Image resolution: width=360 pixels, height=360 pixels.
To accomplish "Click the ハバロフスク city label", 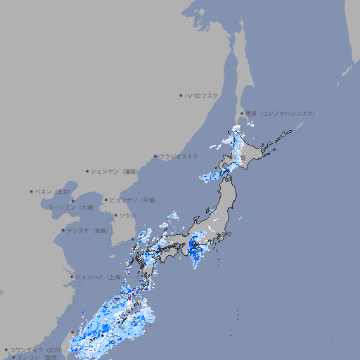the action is [x=202, y=96].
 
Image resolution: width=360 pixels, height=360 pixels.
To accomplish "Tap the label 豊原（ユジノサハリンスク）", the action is [x=280, y=113].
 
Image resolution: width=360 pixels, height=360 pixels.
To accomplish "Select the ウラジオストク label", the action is [x=179, y=156].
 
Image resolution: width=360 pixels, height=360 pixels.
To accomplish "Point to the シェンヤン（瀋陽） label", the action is [x=115, y=172].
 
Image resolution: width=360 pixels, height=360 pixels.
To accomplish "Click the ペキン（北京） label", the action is [x=54, y=191].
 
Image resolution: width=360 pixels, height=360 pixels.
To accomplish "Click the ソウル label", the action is [x=127, y=216].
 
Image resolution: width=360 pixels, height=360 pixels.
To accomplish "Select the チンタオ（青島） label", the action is [x=87, y=231].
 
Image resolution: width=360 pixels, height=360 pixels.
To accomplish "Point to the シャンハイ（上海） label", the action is [x=98, y=277].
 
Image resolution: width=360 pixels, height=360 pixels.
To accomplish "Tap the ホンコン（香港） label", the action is [x=38, y=357].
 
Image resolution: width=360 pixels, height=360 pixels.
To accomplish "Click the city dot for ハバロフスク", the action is [x=181, y=96].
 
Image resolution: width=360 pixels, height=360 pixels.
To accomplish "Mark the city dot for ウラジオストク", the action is [x=155, y=156].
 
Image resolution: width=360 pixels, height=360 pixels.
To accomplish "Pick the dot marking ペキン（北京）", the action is [x=32, y=191].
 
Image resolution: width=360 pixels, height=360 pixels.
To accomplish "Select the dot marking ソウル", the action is [x=115, y=216].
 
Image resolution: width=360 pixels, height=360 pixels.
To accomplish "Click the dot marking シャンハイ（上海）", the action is [x=72, y=277].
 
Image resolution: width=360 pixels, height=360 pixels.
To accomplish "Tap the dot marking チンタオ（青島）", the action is [x=63, y=231].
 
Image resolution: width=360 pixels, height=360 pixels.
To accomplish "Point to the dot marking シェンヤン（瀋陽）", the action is [x=87, y=172].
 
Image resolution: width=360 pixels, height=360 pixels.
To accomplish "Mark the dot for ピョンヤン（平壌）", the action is [x=106, y=200].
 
